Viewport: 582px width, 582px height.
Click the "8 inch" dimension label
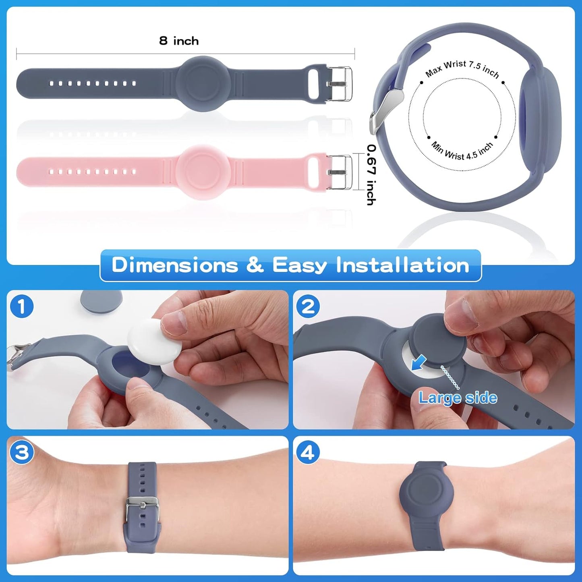(179, 41)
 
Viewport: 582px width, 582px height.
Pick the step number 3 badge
(21, 452)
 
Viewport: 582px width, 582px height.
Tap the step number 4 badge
(308, 452)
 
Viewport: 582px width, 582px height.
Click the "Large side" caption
(458, 398)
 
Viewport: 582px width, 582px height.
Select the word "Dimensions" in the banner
(175, 265)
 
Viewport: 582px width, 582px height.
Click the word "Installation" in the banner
(402, 265)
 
